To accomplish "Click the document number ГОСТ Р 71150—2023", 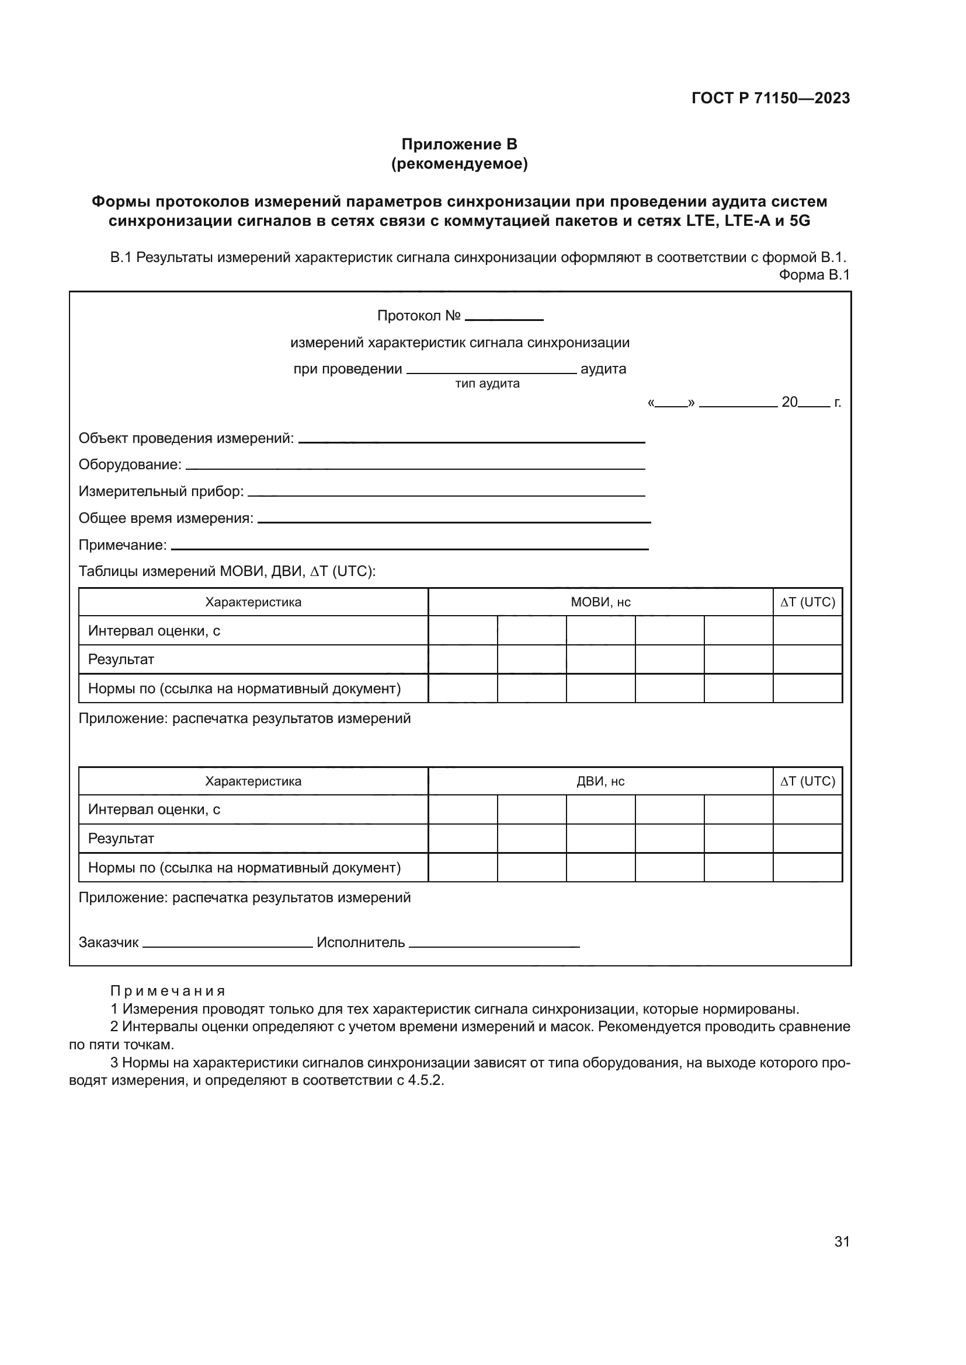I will [770, 98].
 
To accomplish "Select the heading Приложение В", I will [459, 145].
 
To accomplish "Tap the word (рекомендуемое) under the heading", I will [459, 163].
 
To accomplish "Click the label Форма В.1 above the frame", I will [814, 275].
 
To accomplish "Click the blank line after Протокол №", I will [504, 318].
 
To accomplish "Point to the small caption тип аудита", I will [487, 384].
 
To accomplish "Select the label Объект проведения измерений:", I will [186, 439].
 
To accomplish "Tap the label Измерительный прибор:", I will [161, 491].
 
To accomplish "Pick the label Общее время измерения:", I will [166, 518].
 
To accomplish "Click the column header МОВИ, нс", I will [600, 602].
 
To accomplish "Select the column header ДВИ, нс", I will [600, 781].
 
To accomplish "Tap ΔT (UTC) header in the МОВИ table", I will [807, 602].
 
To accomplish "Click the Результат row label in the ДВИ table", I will [121, 839].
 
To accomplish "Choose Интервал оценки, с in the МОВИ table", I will [154, 631].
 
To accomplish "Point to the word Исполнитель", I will [360, 942].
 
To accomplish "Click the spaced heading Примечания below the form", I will [168, 991].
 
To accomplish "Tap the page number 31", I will [842, 1242].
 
